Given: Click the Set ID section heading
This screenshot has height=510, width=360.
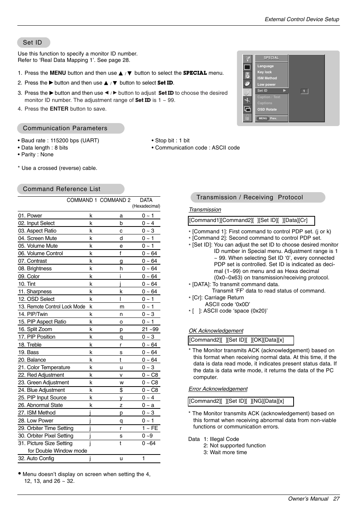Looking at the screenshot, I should pyautogui.click(x=33, y=43).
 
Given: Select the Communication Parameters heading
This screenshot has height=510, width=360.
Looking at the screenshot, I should pyautogui.click(x=65, y=128).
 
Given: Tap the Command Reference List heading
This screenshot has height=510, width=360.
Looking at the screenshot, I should pyautogui.click(x=62, y=189).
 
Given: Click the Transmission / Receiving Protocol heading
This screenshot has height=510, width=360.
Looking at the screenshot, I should pyautogui.click(x=249, y=197).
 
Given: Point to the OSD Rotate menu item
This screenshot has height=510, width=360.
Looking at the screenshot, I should pyautogui.click(x=267, y=109).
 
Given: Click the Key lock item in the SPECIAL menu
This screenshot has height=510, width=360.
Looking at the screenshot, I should pyautogui.click(x=264, y=72).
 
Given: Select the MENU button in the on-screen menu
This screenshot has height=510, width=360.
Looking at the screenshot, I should pyautogui.click(x=263, y=119).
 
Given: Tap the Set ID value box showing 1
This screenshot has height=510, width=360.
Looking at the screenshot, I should pyautogui.click(x=304, y=91).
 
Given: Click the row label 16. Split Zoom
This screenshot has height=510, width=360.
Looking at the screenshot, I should pyautogui.click(x=35, y=330).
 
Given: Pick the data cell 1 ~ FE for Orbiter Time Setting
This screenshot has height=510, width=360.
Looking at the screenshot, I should pyautogui.click(x=150, y=428).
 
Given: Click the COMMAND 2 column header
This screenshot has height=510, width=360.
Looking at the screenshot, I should pyautogui.click(x=115, y=200).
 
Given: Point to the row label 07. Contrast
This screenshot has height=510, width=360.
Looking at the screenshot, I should pyautogui.click(x=32, y=261).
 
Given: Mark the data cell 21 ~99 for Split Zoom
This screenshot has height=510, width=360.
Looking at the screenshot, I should pyautogui.click(x=150, y=330).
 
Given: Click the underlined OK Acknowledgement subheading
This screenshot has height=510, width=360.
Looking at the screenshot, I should pyautogui.click(x=216, y=331).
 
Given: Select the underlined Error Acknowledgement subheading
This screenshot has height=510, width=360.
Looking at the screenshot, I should pyautogui.click(x=218, y=389).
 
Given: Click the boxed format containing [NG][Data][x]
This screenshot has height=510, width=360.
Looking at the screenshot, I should pyautogui.click(x=240, y=401).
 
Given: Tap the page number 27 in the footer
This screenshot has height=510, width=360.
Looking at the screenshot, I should pyautogui.click(x=336, y=499).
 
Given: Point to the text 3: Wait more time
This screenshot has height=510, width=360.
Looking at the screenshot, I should pyautogui.click(x=225, y=452).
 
